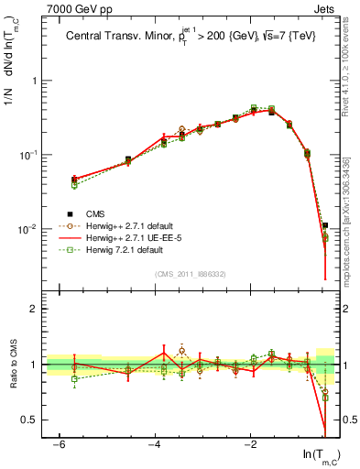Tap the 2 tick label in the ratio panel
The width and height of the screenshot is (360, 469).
34,309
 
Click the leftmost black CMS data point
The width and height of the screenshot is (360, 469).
74,180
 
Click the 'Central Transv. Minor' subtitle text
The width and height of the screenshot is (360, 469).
124,38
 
